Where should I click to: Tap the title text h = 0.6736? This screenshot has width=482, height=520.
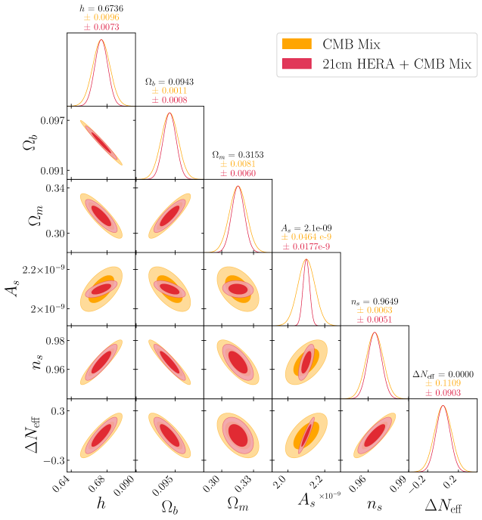101,8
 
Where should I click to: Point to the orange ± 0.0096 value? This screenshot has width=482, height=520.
101,17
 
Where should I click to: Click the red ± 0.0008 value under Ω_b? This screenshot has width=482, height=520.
169,100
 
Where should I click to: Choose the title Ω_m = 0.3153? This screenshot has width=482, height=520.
238,154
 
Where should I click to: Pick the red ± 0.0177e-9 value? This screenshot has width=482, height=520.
306,246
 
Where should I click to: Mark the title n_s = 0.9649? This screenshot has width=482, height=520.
374,302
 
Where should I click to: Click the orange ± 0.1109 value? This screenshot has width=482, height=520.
442,385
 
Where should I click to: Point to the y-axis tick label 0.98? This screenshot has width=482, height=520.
53,341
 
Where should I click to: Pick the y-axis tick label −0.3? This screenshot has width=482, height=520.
51,460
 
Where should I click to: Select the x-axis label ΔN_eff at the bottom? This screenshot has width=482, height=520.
442,505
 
